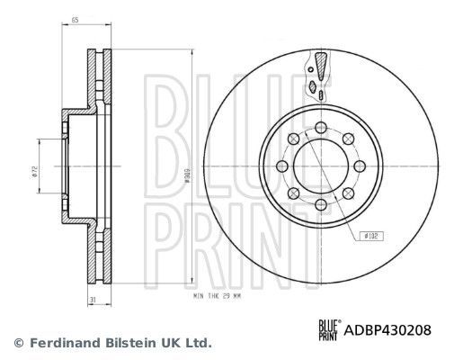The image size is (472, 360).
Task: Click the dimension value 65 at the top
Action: coord(76,19)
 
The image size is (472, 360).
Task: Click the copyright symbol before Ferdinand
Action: coord(17,343)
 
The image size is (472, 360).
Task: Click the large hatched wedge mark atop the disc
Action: coord(319,65)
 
